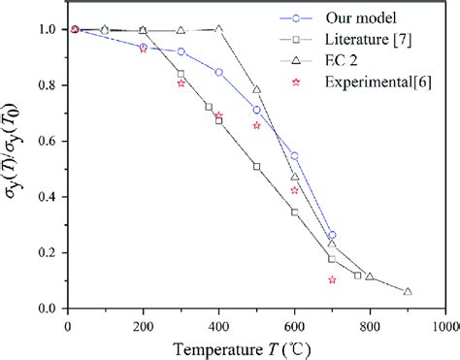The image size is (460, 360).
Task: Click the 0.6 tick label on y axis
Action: [x=45, y=141]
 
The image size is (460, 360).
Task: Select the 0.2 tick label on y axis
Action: [x=45, y=252]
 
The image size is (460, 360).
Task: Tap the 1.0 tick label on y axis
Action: [x=45, y=29]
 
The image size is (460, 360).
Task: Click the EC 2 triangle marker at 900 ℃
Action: [x=408, y=291]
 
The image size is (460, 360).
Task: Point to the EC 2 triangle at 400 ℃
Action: [x=219, y=28]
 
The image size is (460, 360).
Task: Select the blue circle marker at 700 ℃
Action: [x=332, y=235]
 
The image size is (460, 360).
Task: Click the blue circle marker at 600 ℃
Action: [x=295, y=155]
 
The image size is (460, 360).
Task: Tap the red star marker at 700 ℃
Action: [x=332, y=279]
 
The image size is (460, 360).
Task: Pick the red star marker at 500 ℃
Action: [x=257, y=125]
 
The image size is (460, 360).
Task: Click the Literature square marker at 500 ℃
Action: [x=257, y=166]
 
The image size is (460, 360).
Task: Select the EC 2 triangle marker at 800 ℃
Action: [x=370, y=277]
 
